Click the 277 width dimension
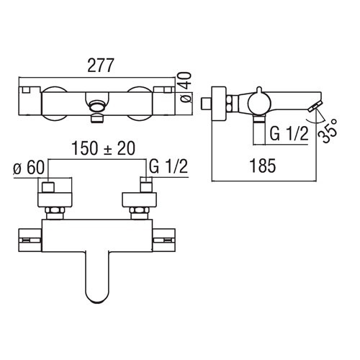pos(100,66)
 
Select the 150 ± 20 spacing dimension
pos(104,148)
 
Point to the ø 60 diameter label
pos(29,167)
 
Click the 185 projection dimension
pos(263,166)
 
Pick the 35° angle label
pos(328,131)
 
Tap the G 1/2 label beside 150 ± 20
pos(168,166)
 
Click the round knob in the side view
pos(259,102)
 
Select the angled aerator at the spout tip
pos(315,107)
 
